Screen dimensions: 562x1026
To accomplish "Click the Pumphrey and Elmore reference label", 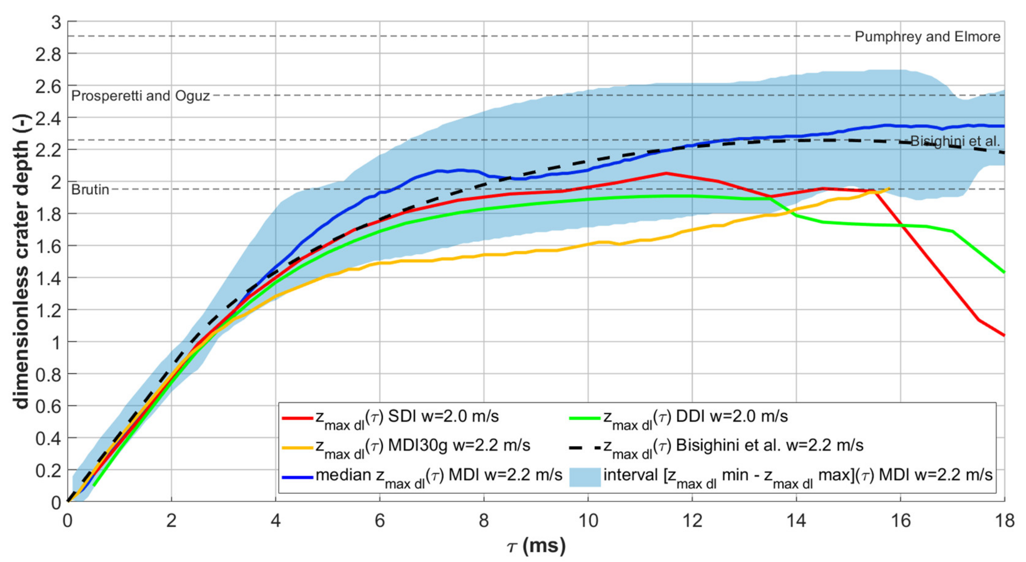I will point(927,37).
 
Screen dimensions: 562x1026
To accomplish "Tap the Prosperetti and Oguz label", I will point(140,96).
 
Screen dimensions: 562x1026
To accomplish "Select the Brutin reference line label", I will point(90,189).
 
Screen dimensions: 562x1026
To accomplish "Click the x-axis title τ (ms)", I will point(537,546).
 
